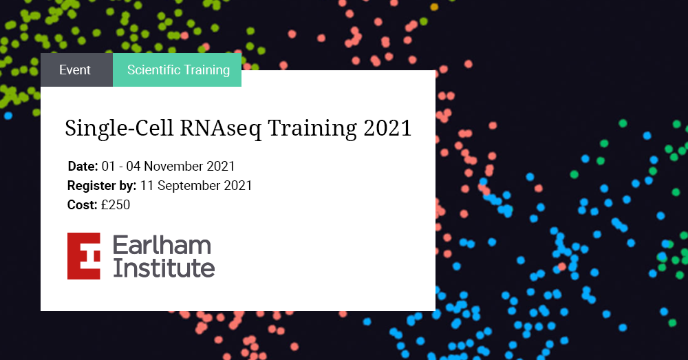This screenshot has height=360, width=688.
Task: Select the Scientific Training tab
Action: coord(178,70)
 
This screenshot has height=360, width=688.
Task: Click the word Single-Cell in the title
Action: coord(119,128)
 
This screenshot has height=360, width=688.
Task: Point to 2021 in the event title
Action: coord(387,128)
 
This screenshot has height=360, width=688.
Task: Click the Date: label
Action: coord(83,167)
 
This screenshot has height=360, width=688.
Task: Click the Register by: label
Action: coord(102,186)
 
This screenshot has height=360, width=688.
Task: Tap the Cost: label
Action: coord(82,205)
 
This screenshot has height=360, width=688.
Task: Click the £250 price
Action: coord(116,205)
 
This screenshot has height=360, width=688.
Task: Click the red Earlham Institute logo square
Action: coord(84,256)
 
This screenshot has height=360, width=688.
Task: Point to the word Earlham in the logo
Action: coord(162,244)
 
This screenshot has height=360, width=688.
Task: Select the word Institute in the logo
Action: coord(164,268)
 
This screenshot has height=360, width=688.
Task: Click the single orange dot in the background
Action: coord(434,7)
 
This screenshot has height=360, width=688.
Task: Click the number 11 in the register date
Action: coord(147,186)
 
